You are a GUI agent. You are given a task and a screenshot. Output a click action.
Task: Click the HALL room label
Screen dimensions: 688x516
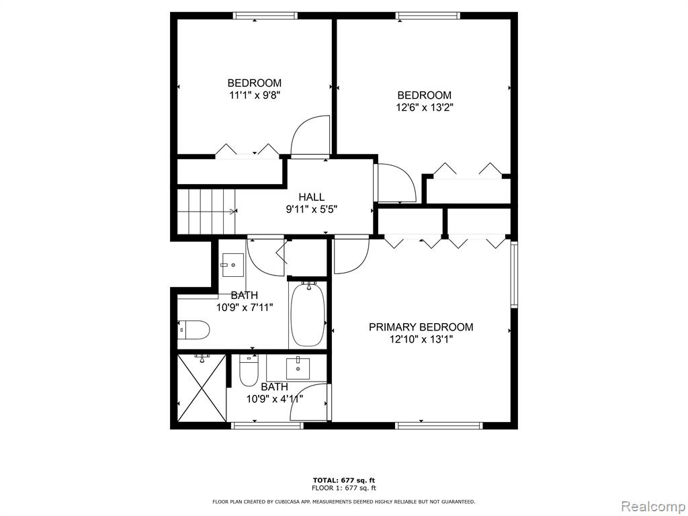312,197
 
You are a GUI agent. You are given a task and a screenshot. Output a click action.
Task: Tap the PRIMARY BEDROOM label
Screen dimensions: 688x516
421,327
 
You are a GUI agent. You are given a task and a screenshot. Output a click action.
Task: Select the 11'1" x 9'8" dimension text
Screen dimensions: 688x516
255,95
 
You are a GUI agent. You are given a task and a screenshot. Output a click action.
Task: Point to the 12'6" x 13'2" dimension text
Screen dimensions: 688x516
425,107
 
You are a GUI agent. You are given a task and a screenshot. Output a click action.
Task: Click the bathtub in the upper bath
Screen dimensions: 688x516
308,314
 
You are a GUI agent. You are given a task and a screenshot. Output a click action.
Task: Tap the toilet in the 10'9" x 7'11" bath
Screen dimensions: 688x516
193,329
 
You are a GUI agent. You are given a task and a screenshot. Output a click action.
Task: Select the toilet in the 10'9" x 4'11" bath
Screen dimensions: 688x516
249,371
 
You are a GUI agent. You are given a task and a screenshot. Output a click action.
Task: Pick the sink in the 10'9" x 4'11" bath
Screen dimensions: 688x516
298,368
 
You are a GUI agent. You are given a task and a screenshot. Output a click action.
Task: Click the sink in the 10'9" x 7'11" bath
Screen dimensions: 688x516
233,265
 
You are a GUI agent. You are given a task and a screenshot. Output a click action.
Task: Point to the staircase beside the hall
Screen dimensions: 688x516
206,212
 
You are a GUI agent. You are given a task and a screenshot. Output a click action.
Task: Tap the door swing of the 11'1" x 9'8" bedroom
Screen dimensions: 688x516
310,135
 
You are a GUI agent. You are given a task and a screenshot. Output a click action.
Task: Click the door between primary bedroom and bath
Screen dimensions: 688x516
309,402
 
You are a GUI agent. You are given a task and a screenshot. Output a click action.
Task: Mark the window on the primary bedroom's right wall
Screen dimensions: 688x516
514,274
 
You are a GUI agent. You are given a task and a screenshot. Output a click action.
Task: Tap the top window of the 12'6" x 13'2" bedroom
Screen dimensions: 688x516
428,16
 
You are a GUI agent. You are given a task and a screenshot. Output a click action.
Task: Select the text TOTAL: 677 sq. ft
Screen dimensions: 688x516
344,480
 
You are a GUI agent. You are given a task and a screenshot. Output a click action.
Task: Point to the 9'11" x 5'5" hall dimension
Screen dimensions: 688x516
312,210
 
